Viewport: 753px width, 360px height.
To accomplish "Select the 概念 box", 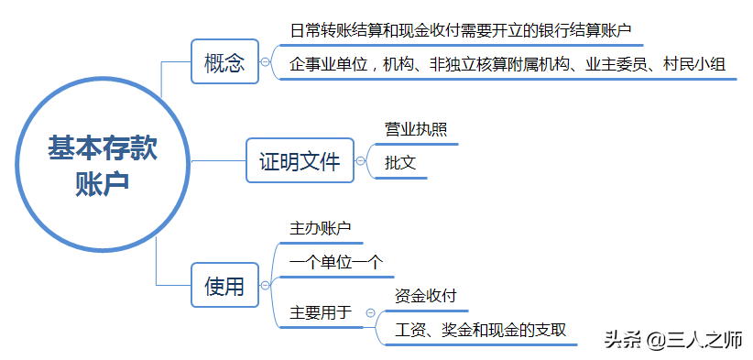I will pyautogui.click(x=224, y=62).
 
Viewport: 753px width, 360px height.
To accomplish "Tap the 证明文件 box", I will pyautogui.click(x=300, y=163).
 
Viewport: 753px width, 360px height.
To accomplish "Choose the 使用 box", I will pyautogui.click(x=224, y=287).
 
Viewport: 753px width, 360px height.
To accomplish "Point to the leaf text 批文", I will pyautogui.click(x=400, y=164).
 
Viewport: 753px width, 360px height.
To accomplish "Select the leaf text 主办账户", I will pyautogui.click(x=321, y=229).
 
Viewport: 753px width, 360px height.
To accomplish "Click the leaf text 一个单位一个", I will pyautogui.click(x=335, y=262).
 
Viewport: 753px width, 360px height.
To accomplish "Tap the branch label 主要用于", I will pyautogui.click(x=321, y=312).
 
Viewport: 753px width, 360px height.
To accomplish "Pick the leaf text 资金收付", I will pyautogui.click(x=425, y=296).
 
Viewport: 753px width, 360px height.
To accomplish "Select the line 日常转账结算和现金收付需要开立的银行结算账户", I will pyautogui.click(x=461, y=29).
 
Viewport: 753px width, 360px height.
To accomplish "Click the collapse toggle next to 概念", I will pyautogui.click(x=265, y=62).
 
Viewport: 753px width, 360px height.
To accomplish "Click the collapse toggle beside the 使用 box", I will pyautogui.click(x=265, y=287).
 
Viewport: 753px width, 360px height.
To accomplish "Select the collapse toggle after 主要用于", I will pyautogui.click(x=369, y=312).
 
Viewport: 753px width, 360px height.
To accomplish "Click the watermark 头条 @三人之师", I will pyautogui.click(x=672, y=339).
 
